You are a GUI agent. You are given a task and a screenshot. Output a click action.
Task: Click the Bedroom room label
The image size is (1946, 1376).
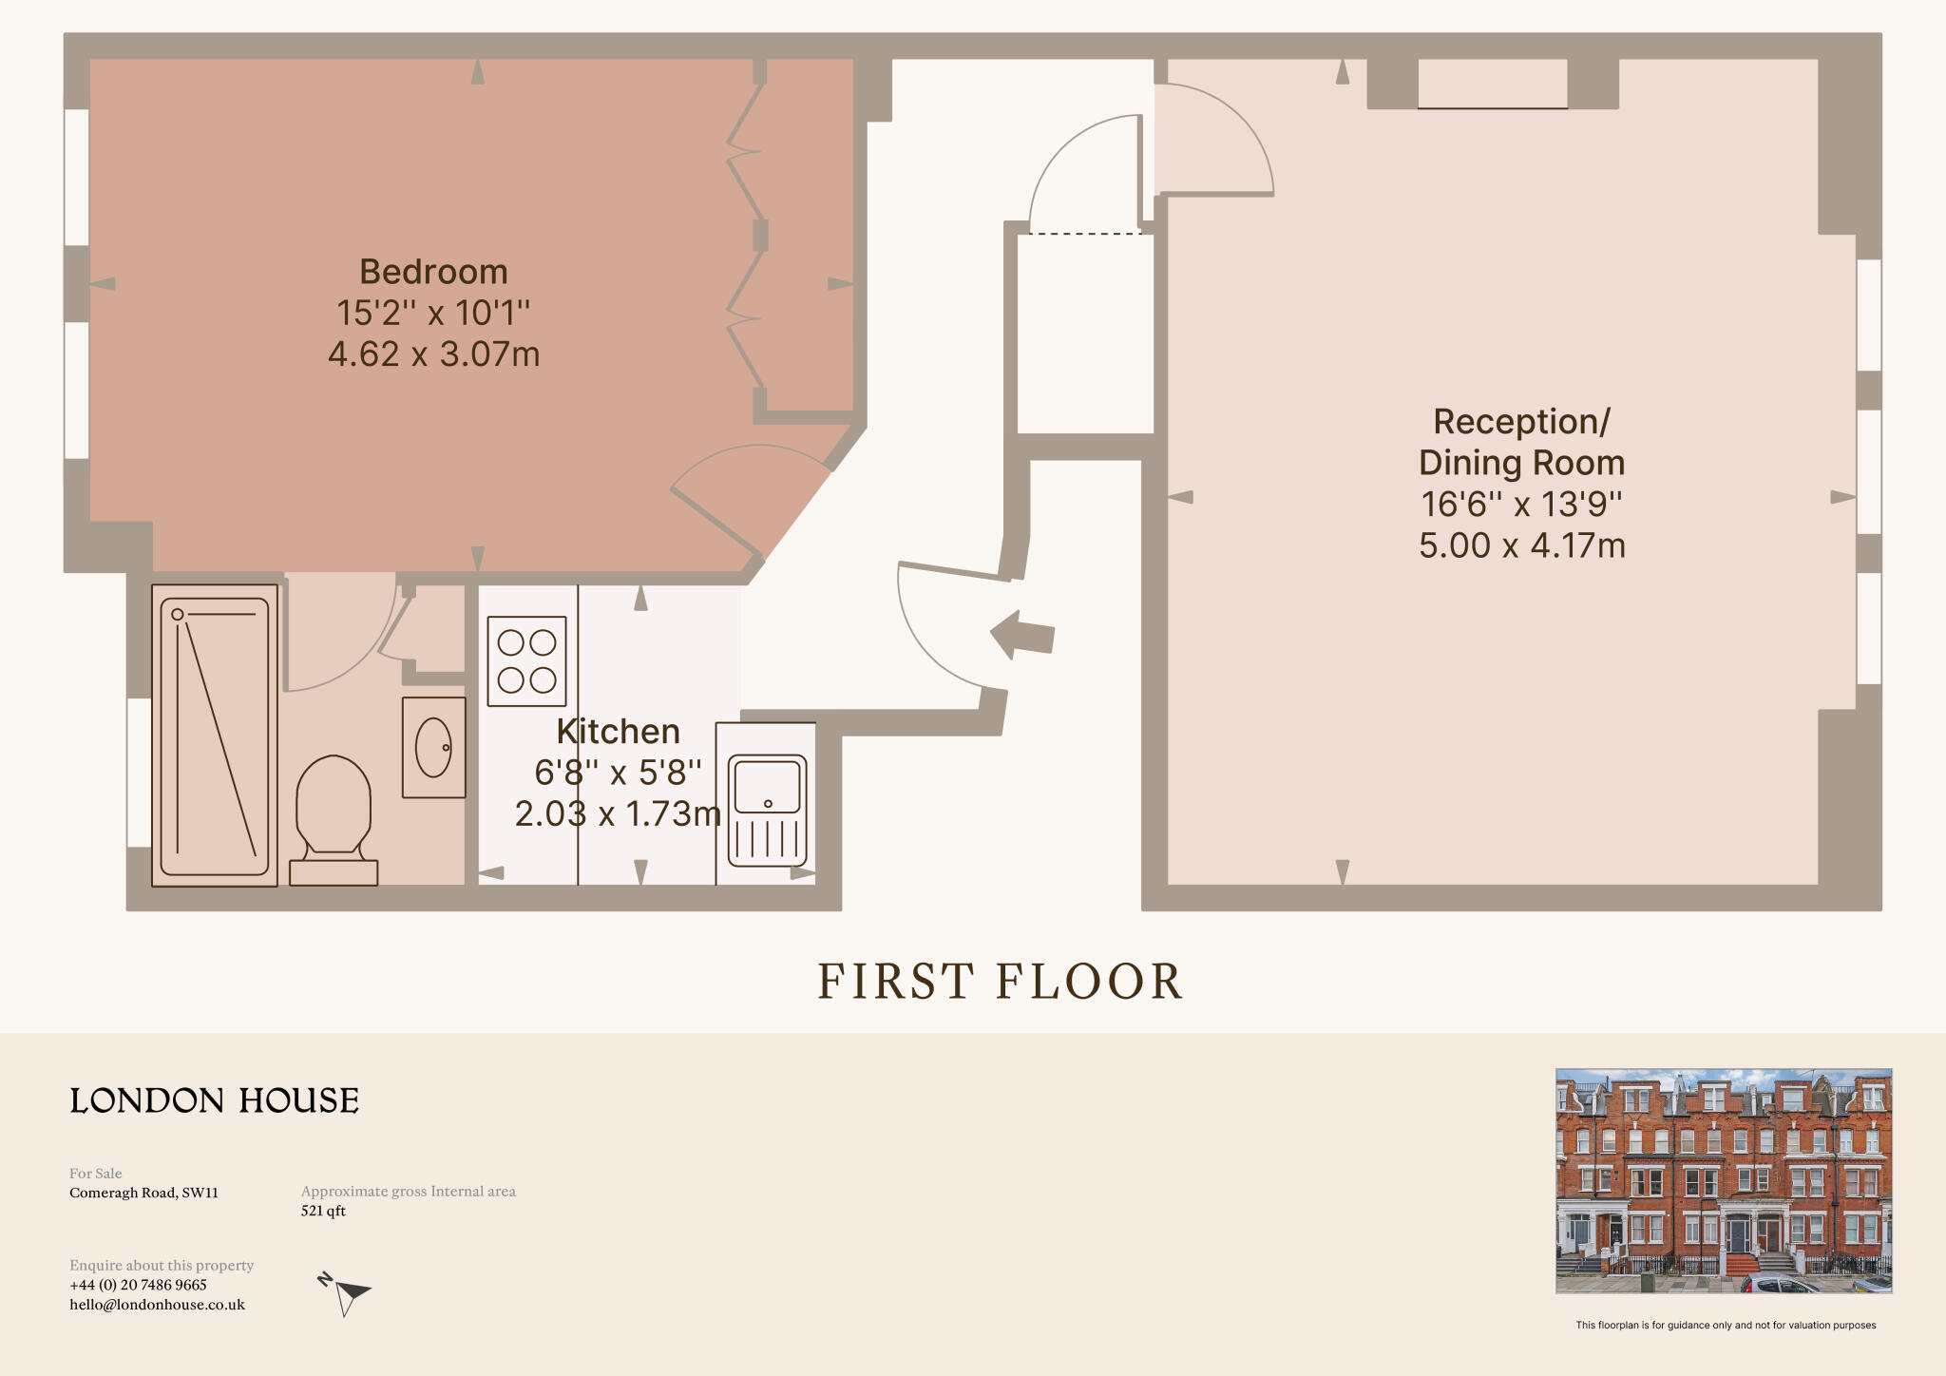coord(433,272)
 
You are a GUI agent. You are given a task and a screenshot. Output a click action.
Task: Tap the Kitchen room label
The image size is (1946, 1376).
coord(618,731)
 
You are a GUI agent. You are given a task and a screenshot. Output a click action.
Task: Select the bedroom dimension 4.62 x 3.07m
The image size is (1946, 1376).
coord(433,354)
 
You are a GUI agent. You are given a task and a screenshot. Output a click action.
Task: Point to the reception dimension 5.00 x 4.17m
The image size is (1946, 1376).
coord(1521,545)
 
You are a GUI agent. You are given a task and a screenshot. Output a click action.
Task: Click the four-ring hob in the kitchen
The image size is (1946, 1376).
coord(526,660)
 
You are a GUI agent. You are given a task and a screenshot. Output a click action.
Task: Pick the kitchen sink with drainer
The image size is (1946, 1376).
coord(768,809)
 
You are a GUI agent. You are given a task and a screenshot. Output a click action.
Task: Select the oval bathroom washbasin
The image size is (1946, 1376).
coord(434,747)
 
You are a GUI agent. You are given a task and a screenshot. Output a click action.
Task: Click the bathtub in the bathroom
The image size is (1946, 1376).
coord(215,735)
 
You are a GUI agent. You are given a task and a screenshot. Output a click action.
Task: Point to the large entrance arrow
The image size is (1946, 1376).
coord(1022,634)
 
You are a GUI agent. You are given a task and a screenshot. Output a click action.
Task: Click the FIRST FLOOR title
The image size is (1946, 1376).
coord(1000,982)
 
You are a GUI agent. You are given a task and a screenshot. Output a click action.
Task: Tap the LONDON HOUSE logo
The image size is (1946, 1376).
coord(215,1100)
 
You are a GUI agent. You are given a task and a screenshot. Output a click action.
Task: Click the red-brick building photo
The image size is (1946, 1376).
coord(1723,1180)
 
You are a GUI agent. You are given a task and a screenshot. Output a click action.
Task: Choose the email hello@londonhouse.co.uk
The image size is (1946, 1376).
coord(157,1305)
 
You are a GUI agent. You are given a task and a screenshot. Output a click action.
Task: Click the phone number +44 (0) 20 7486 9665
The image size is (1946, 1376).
coord(138,1285)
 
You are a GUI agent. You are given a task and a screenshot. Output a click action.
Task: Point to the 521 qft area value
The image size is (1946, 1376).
coord(323,1211)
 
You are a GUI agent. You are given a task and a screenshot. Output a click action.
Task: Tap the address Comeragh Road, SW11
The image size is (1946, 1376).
coord(143,1193)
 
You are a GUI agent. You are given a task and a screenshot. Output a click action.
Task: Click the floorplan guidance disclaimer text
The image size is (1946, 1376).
coord(1725,1325)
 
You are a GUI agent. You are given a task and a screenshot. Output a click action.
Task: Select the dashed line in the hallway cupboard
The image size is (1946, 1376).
coord(1085,233)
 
